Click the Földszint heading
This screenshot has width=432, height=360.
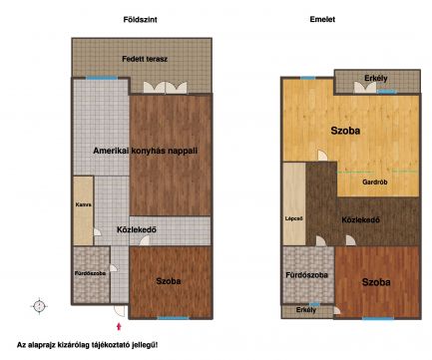(x=140, y=20)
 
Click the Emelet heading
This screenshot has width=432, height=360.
(x=322, y=19)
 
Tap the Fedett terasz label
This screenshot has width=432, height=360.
(x=145, y=59)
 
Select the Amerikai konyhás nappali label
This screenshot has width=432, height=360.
(x=145, y=151)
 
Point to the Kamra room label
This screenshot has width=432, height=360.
(x=83, y=204)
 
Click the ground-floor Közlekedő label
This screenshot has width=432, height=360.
(x=137, y=229)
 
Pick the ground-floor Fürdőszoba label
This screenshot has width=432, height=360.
(x=90, y=273)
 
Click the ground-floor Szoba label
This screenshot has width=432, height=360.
(x=169, y=281)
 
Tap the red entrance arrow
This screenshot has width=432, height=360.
(x=119, y=326)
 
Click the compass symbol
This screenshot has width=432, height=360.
(x=39, y=306)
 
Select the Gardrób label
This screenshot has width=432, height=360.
(x=375, y=182)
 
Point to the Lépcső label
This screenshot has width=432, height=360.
(x=294, y=218)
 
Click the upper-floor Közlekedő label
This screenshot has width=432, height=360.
(x=361, y=219)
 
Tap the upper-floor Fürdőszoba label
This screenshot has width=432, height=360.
(x=306, y=275)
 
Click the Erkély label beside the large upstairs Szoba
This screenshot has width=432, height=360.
(x=376, y=79)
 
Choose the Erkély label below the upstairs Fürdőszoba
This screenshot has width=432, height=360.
(x=306, y=310)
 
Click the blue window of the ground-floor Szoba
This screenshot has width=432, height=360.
(x=173, y=318)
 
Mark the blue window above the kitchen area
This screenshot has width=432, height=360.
(x=102, y=78)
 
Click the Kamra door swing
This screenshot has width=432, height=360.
(x=98, y=232)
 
